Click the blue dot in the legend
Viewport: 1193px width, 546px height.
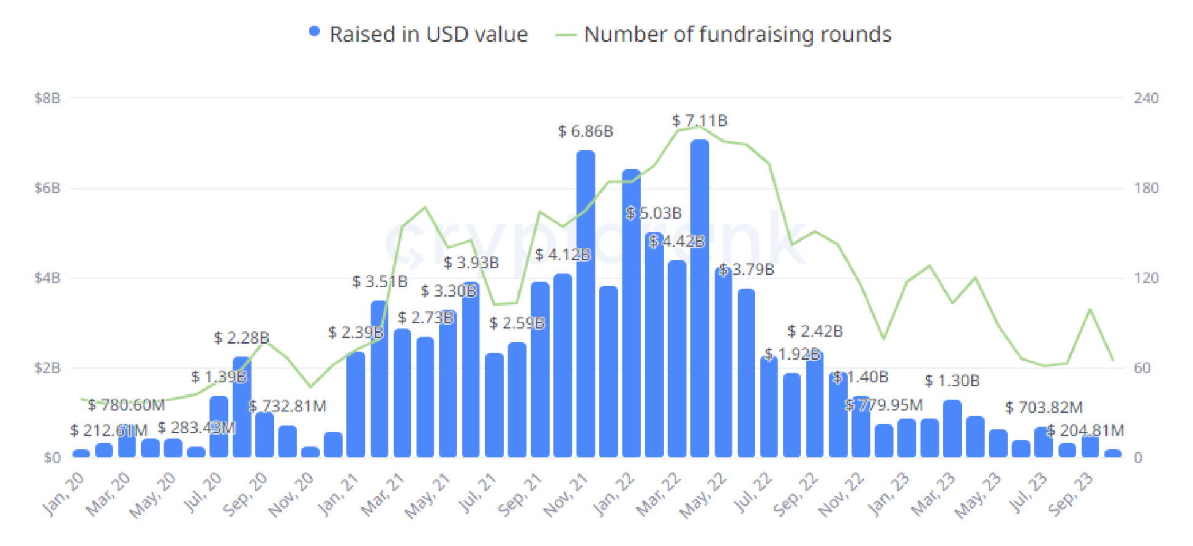pyautogui.click(x=314, y=32)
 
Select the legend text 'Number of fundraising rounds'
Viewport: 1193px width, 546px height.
pyautogui.click(x=738, y=34)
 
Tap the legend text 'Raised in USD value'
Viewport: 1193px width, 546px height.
pyautogui.click(x=428, y=34)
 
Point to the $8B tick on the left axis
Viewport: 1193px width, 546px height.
pyautogui.click(x=47, y=98)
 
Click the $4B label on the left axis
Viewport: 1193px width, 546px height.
pyautogui.click(x=47, y=278)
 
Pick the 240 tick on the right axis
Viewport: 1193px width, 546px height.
pyautogui.click(x=1146, y=98)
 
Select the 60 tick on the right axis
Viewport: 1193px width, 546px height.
pyautogui.click(x=1142, y=368)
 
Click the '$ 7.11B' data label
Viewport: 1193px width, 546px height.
pyautogui.click(x=700, y=120)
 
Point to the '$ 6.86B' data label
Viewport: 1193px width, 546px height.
pyautogui.click(x=585, y=131)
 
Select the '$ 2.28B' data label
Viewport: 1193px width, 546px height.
pyautogui.click(x=241, y=338)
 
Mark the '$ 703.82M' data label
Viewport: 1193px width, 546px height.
pyautogui.click(x=1044, y=407)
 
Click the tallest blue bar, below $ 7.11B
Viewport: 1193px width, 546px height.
pyautogui.click(x=700, y=300)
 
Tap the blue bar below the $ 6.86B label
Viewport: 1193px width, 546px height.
pyautogui.click(x=585, y=306)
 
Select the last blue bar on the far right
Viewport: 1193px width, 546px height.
pyautogui.click(x=1113, y=453)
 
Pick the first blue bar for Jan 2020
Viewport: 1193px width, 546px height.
pyautogui.click(x=81, y=453)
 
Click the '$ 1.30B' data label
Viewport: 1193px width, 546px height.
pyautogui.click(x=952, y=381)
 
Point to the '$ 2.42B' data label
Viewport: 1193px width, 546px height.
pyautogui.click(x=815, y=331)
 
